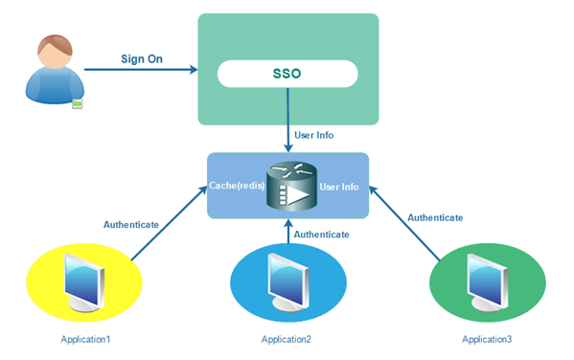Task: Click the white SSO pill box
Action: [288, 74]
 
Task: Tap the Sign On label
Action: [142, 58]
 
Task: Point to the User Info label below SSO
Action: [313, 136]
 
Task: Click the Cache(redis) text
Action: [236, 185]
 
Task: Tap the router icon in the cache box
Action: [288, 186]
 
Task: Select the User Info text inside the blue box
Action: [340, 186]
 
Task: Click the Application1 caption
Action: [85, 340]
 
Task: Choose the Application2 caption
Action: [287, 340]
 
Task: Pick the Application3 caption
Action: [487, 340]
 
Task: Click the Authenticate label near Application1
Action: [130, 225]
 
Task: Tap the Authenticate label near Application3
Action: [435, 218]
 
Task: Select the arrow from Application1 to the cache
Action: [167, 226]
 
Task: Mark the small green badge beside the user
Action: [76, 101]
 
